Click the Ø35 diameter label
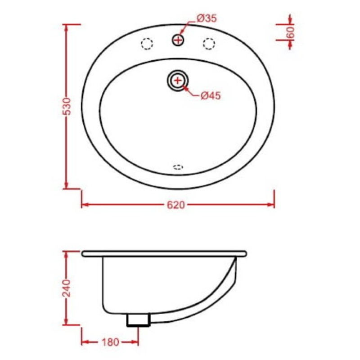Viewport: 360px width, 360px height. pos(207,18)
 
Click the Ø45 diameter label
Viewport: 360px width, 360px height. pos(211,96)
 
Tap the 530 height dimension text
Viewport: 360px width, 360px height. pos(67,106)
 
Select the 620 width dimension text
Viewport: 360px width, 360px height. pos(176,205)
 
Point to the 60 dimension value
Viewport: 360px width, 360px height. pos(290,32)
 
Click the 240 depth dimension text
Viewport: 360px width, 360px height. pos(67,288)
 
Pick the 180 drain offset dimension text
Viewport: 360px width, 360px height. pos(110,342)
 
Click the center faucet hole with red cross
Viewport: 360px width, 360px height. pos(178,40)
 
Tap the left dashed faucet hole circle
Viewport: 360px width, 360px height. pos(147,44)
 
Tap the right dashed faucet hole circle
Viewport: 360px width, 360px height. pos(209,44)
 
